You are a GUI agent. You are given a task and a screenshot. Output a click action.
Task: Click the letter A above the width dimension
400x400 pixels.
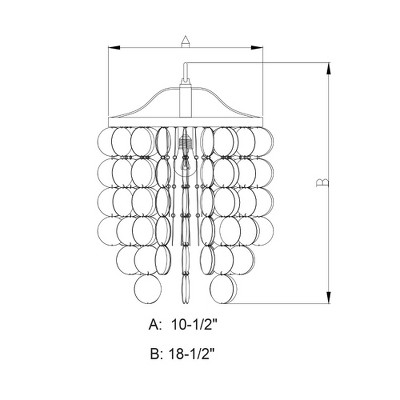tap(185, 42)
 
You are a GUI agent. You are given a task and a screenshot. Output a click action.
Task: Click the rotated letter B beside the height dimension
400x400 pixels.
tap(322, 182)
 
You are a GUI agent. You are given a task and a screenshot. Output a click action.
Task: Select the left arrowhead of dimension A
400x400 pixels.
tap(114, 48)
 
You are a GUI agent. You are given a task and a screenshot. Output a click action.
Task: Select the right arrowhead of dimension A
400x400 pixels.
tap(257, 48)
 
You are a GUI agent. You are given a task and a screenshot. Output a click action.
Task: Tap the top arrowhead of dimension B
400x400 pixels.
tap(329, 68)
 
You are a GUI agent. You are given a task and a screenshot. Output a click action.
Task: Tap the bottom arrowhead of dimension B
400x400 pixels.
tap(329, 297)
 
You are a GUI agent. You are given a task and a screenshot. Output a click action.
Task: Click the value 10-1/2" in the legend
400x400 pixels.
tap(194, 324)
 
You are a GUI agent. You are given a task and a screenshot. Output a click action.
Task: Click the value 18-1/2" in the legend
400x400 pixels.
tap(190, 354)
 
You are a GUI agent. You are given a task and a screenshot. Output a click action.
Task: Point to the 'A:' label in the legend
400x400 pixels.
tap(156, 324)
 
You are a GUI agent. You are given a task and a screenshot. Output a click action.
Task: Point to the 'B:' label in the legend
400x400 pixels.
tap(156, 354)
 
